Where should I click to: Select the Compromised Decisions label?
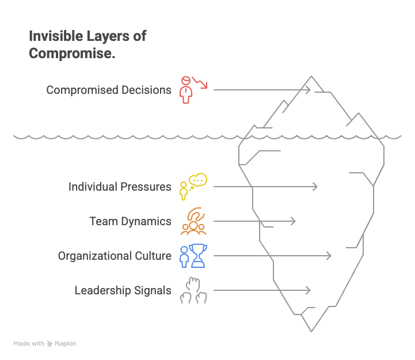(109, 90)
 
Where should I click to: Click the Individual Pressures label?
(120, 187)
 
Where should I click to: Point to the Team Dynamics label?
(130, 221)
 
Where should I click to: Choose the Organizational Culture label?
(115, 256)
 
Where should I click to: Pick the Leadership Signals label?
(123, 290)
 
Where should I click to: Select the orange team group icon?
(193, 221)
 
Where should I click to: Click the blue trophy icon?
(193, 256)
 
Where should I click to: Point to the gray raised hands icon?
(193, 290)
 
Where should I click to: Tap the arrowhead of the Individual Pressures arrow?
(315, 187)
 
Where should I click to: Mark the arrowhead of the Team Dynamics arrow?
(294, 221)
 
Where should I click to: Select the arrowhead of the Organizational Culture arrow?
(329, 256)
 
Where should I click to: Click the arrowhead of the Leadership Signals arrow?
(309, 290)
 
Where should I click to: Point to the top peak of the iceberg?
(311, 76)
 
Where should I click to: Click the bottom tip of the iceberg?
(311, 331)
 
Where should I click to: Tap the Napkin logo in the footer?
(62, 344)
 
